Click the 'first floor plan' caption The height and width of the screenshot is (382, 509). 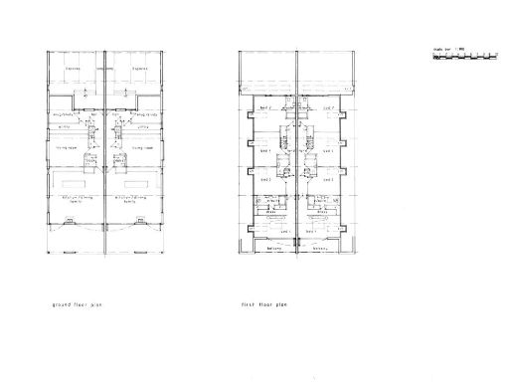(x=262, y=305)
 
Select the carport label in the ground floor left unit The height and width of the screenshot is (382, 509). (x=74, y=70)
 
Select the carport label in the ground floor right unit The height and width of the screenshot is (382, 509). (x=136, y=70)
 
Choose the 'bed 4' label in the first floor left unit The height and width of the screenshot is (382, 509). (x=264, y=106)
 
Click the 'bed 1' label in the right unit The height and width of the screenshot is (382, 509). (x=323, y=227)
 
